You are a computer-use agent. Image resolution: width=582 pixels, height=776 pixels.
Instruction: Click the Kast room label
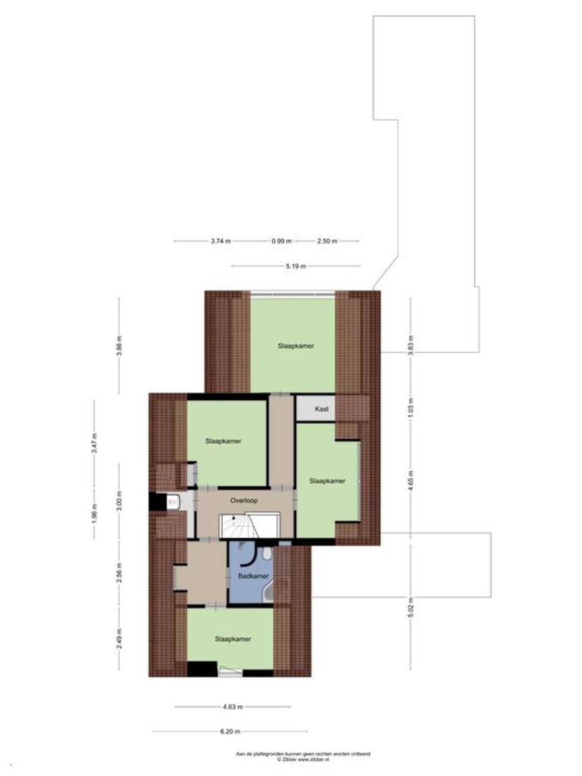click(322, 409)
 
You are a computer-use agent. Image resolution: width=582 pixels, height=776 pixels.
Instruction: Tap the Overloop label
click(244, 501)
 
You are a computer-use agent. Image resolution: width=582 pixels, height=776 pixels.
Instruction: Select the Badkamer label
click(253, 576)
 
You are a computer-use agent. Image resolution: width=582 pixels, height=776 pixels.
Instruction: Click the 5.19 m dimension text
click(296, 266)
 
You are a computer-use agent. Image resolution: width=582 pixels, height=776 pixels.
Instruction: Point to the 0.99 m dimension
click(282, 241)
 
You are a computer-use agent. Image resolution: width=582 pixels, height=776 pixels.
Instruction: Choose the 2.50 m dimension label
click(327, 241)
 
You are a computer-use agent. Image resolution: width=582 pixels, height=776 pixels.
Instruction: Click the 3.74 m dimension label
click(221, 241)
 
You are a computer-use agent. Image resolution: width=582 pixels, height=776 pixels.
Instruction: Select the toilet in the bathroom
click(267, 553)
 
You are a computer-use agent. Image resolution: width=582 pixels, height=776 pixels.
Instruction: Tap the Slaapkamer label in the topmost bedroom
click(296, 346)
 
